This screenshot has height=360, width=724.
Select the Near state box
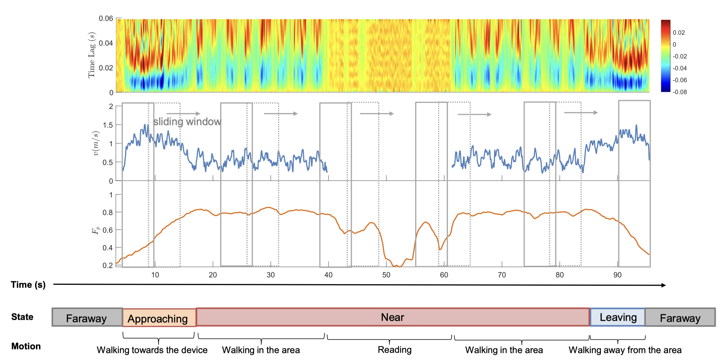coord(393,317)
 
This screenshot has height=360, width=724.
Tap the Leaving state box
coord(618,317)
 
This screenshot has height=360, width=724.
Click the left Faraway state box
coord(87,318)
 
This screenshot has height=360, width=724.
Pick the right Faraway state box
coord(680,318)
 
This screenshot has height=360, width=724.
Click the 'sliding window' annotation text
coord(187,122)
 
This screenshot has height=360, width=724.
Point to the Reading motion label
coord(395,350)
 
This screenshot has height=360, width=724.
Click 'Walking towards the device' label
coord(152,350)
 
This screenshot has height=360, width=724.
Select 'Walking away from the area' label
coord(625,350)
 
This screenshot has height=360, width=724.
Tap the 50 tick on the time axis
coord(386,275)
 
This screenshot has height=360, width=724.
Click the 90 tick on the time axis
coord(617,275)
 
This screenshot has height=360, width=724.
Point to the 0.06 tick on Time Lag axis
coord(106,18)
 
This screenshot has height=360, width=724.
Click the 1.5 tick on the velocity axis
coord(107,125)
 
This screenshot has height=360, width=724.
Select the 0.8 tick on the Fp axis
coord(107,213)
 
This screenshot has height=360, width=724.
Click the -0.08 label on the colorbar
coord(679,92)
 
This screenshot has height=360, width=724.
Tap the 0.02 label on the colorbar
coord(679,33)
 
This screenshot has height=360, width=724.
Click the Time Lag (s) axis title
coord(91,55)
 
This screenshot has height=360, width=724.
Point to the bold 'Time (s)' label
coord(28,285)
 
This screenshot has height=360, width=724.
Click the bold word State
coord(22,317)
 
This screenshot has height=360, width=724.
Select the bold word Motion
coord(26,346)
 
